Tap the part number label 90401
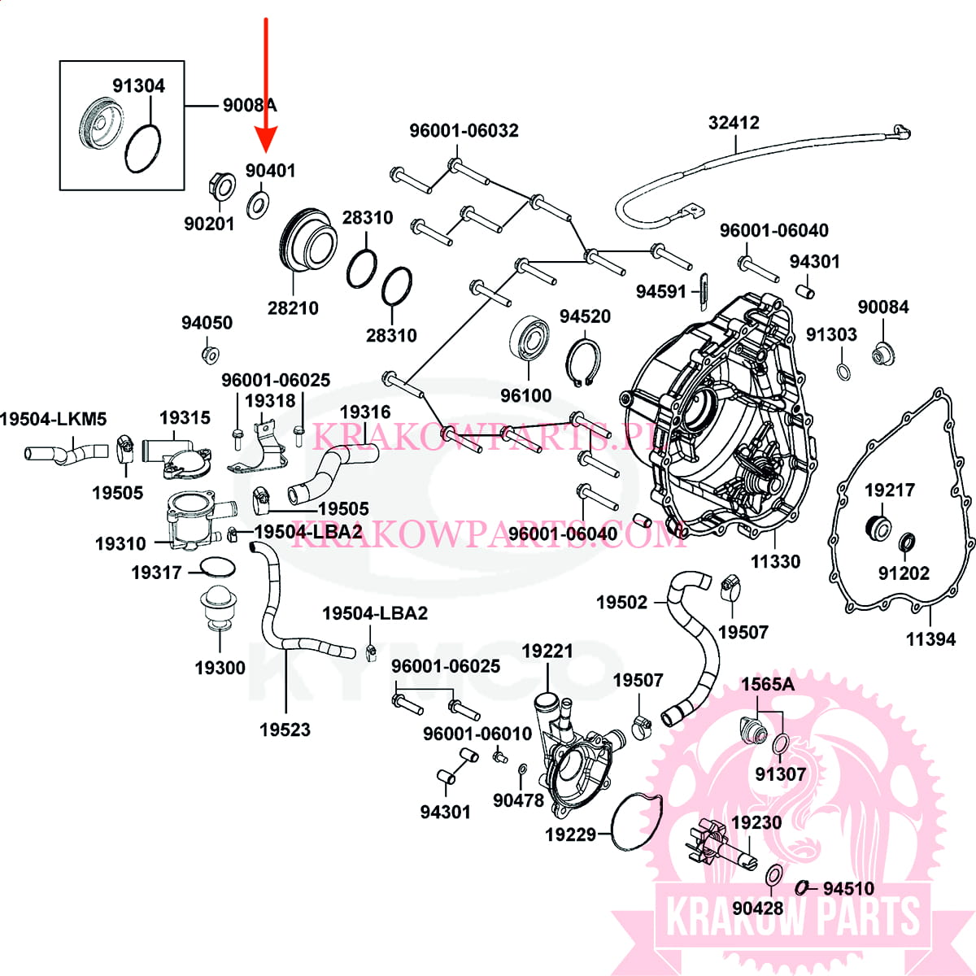pos(270,171)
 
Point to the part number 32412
pos(734,123)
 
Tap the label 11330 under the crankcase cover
pos(775,561)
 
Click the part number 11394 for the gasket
pos(930,639)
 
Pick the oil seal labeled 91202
pos(906,542)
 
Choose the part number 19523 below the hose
pos(285,730)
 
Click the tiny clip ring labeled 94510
pos(802,887)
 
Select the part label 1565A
pos(767,684)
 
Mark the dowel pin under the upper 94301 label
pos(804,290)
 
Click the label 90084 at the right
pos(882,307)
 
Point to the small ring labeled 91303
pos(844,372)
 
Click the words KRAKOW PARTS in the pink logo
pos(793,917)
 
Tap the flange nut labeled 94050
pos(210,355)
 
